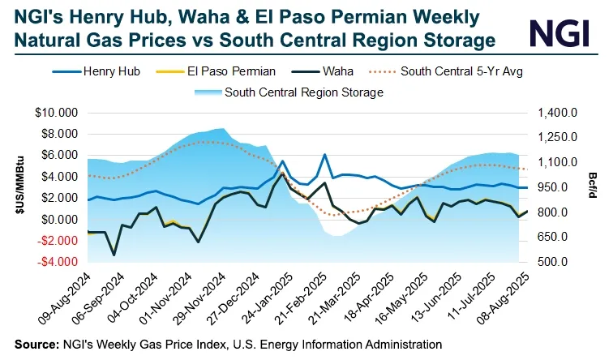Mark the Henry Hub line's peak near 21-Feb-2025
[324, 154]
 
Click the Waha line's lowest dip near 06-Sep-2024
[114, 255]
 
